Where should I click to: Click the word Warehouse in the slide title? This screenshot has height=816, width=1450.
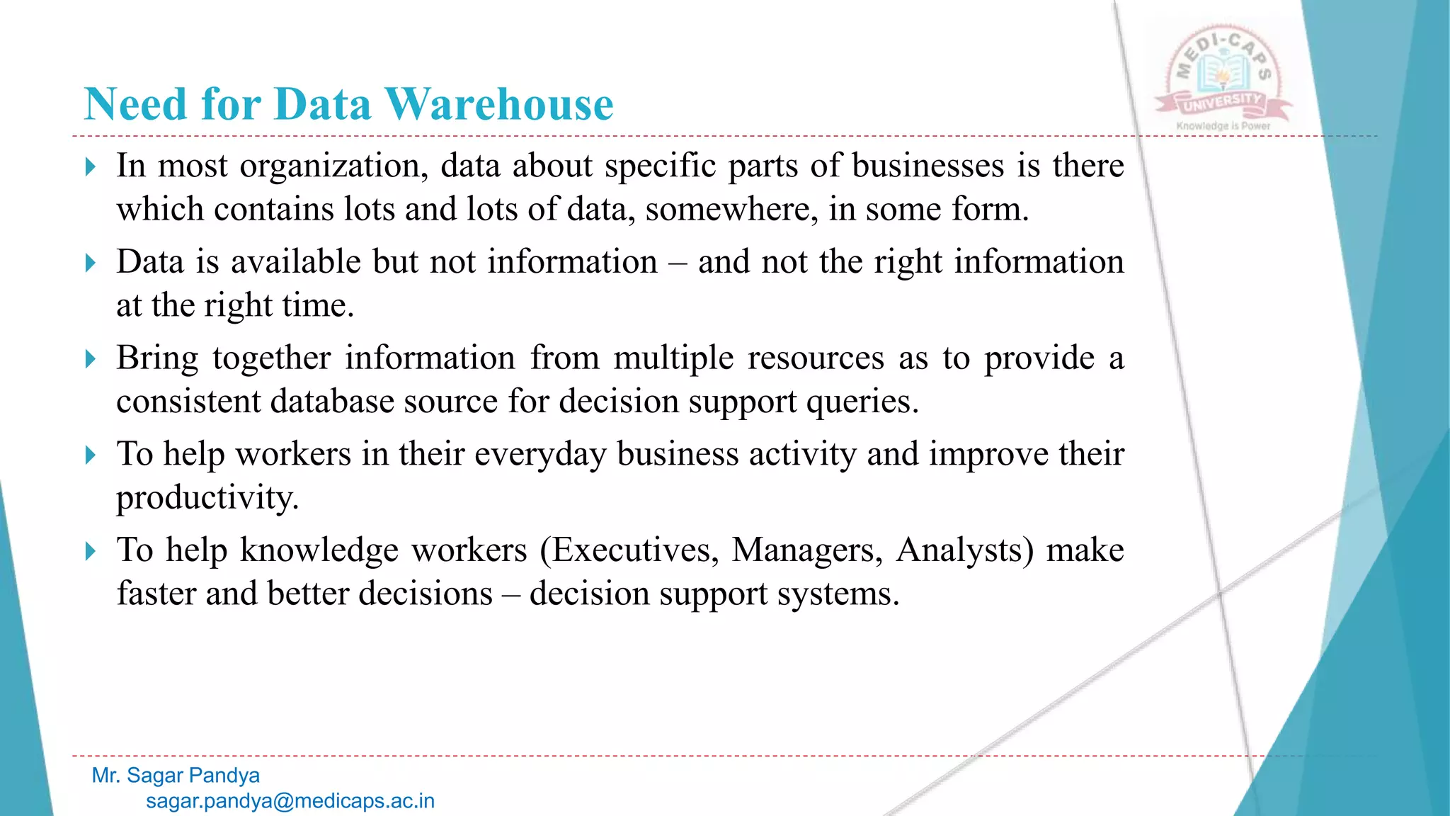(x=499, y=104)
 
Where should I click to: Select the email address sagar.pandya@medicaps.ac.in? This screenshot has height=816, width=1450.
(x=290, y=801)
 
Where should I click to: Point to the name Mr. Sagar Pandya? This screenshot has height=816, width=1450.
(x=176, y=776)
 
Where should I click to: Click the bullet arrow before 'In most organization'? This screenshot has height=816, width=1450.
(x=90, y=167)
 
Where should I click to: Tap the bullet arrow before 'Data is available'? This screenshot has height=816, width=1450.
(x=90, y=263)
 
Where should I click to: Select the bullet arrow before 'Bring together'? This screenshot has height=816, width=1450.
(x=90, y=359)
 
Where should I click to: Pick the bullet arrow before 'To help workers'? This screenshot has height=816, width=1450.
(x=90, y=455)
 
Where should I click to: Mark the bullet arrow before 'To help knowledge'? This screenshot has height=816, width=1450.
(x=90, y=551)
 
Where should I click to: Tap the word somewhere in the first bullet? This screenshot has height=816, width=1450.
(x=731, y=210)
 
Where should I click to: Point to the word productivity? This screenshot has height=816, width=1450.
(x=207, y=499)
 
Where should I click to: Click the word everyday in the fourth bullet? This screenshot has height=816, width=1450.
(x=540, y=455)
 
